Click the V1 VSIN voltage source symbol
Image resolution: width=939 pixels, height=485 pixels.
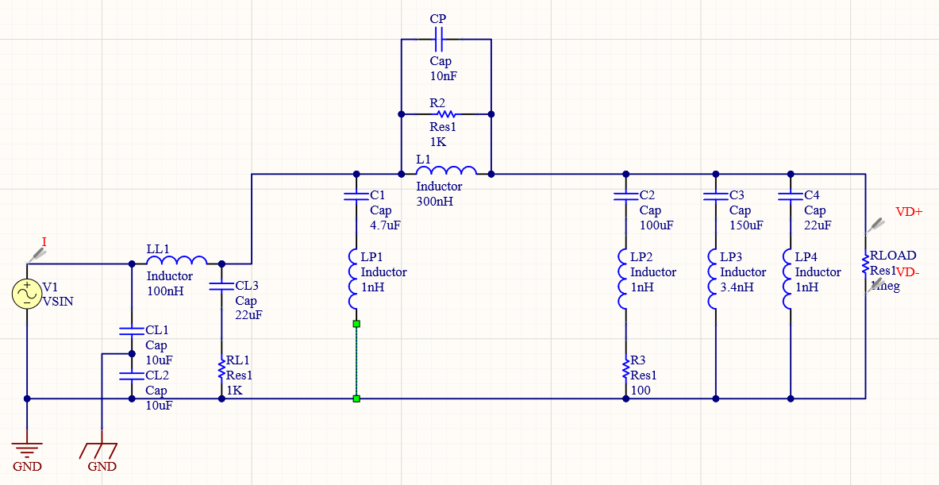[26, 294]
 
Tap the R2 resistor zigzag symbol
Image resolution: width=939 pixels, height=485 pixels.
[445, 114]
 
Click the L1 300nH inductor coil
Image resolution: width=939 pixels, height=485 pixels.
[446, 170]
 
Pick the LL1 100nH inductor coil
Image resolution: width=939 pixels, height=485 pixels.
[177, 260]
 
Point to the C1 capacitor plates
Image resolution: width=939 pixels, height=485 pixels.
[356, 195]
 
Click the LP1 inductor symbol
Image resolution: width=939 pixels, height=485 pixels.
[356, 279]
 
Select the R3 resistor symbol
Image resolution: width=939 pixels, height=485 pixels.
[625, 368]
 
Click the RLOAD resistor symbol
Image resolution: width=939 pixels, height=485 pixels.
[865, 263]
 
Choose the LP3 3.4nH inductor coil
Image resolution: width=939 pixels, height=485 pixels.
[716, 279]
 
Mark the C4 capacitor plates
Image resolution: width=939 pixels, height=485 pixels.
[790, 195]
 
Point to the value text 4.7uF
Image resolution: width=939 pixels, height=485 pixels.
[385, 225]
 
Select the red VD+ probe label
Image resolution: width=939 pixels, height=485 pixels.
[909, 212]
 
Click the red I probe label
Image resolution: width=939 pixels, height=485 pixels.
[44, 241]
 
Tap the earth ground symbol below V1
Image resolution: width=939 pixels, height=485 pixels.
[27, 448]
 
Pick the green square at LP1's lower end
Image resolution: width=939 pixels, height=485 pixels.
[356, 324]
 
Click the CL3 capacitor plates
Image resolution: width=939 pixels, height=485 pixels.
[221, 286]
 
